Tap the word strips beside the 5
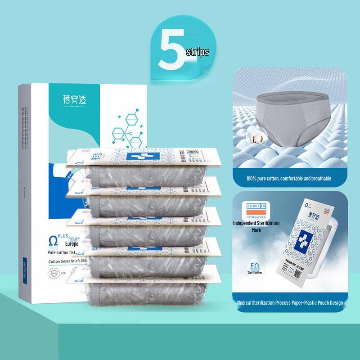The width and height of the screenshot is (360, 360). point(197,52)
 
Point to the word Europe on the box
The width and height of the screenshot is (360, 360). point(59,243)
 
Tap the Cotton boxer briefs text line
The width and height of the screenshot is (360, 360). point(65,261)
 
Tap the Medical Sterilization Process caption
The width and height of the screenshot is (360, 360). point(290,303)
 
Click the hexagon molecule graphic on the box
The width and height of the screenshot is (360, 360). point(128,130)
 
